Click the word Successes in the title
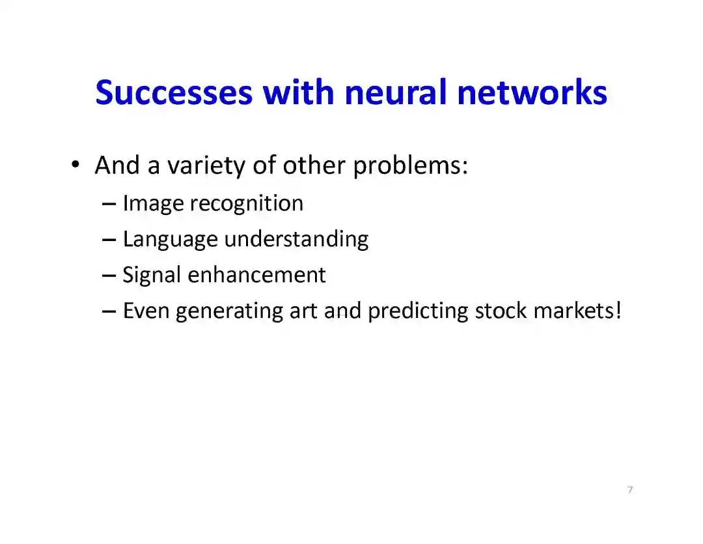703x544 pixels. click(x=173, y=93)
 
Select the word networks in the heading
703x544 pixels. click(x=532, y=93)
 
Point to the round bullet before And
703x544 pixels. click(x=76, y=165)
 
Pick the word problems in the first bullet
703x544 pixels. click(x=410, y=166)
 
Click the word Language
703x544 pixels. click(x=170, y=240)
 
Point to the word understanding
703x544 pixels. click(x=296, y=240)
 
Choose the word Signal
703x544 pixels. click(x=152, y=276)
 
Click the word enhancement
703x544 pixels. click(x=256, y=275)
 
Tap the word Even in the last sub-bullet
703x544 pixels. click(x=146, y=311)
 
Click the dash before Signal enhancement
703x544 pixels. click(x=109, y=276)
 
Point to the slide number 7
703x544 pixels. click(x=629, y=490)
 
